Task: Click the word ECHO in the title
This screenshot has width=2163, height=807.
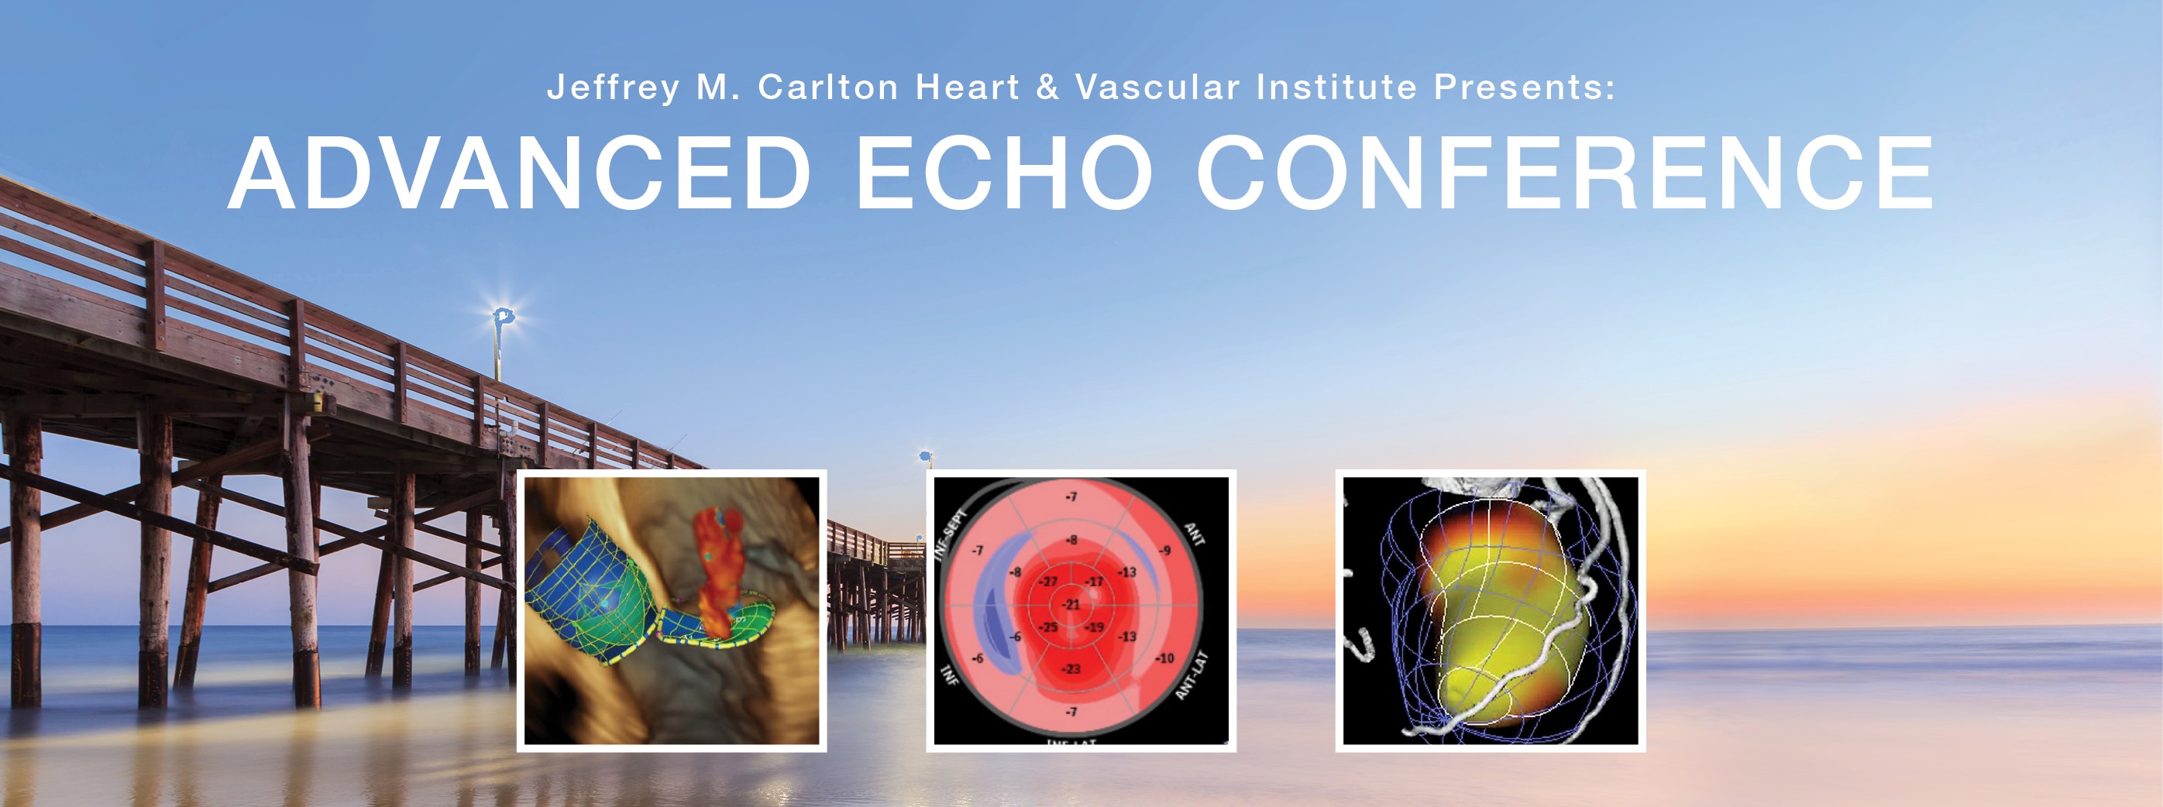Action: [1003, 173]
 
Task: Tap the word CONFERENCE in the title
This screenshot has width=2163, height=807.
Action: [1565, 173]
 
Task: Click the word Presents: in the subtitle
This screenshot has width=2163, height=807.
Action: [1524, 88]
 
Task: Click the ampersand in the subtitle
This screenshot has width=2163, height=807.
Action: [1047, 88]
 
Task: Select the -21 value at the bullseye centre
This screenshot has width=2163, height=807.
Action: [1072, 604]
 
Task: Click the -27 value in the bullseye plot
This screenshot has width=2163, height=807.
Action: [1049, 581]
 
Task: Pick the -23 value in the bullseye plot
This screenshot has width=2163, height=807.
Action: [1071, 668]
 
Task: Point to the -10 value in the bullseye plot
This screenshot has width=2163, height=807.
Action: [1164, 658]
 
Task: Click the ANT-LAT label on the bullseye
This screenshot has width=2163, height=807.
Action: [1191, 675]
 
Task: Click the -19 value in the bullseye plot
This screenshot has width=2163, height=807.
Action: [1094, 627]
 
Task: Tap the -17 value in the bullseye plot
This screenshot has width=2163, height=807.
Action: [1094, 581]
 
